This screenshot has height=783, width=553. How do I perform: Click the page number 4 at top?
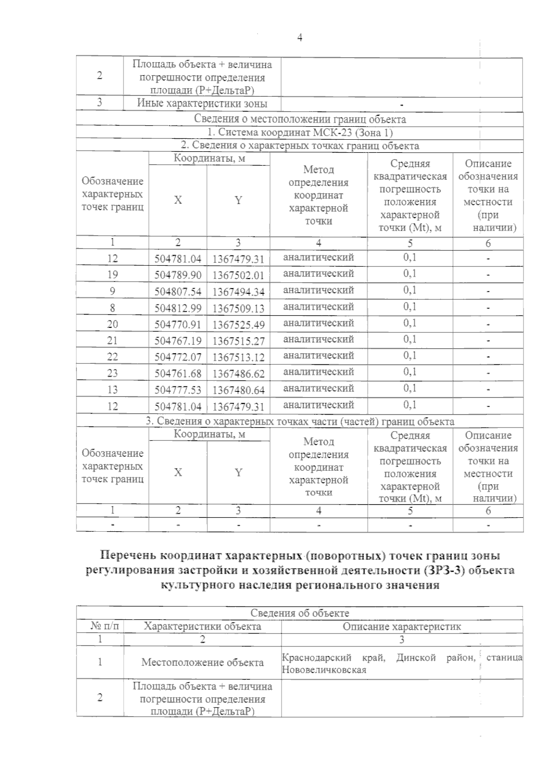click(x=300, y=38)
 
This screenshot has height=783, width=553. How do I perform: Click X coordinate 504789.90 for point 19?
click(x=178, y=275)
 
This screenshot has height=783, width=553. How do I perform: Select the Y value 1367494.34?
click(x=238, y=292)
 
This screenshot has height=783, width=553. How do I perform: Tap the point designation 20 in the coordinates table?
click(x=112, y=324)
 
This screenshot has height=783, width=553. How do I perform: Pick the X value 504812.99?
click(x=178, y=308)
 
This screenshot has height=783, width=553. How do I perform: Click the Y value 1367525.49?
click(x=238, y=325)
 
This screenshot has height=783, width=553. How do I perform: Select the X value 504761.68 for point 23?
click(x=178, y=374)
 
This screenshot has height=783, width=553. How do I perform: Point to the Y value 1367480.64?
click(x=238, y=390)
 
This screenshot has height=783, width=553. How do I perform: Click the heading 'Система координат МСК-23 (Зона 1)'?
click(x=300, y=133)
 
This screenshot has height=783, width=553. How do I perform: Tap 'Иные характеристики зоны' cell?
click(x=202, y=103)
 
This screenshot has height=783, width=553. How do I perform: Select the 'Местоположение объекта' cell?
click(x=202, y=663)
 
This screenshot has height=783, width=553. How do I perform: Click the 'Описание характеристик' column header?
click(x=401, y=626)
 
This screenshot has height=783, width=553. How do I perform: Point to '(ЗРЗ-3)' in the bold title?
click(x=442, y=570)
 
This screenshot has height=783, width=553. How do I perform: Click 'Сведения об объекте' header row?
click(x=300, y=613)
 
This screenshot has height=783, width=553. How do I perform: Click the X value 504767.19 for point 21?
click(x=178, y=341)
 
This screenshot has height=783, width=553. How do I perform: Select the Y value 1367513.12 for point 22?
click(x=238, y=357)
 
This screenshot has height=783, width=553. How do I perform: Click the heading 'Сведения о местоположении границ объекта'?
click(x=300, y=119)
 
